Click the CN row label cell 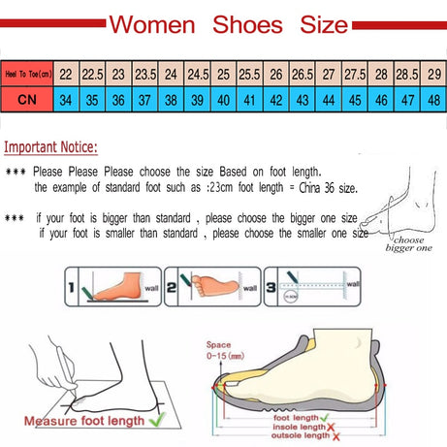click(x=27, y=100)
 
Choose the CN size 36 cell click(x=118, y=100)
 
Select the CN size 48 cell click(x=432, y=100)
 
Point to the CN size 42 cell click(x=275, y=100)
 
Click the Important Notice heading click(x=50, y=148)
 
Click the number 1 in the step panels click(x=74, y=286)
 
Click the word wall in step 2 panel click(x=251, y=287)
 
